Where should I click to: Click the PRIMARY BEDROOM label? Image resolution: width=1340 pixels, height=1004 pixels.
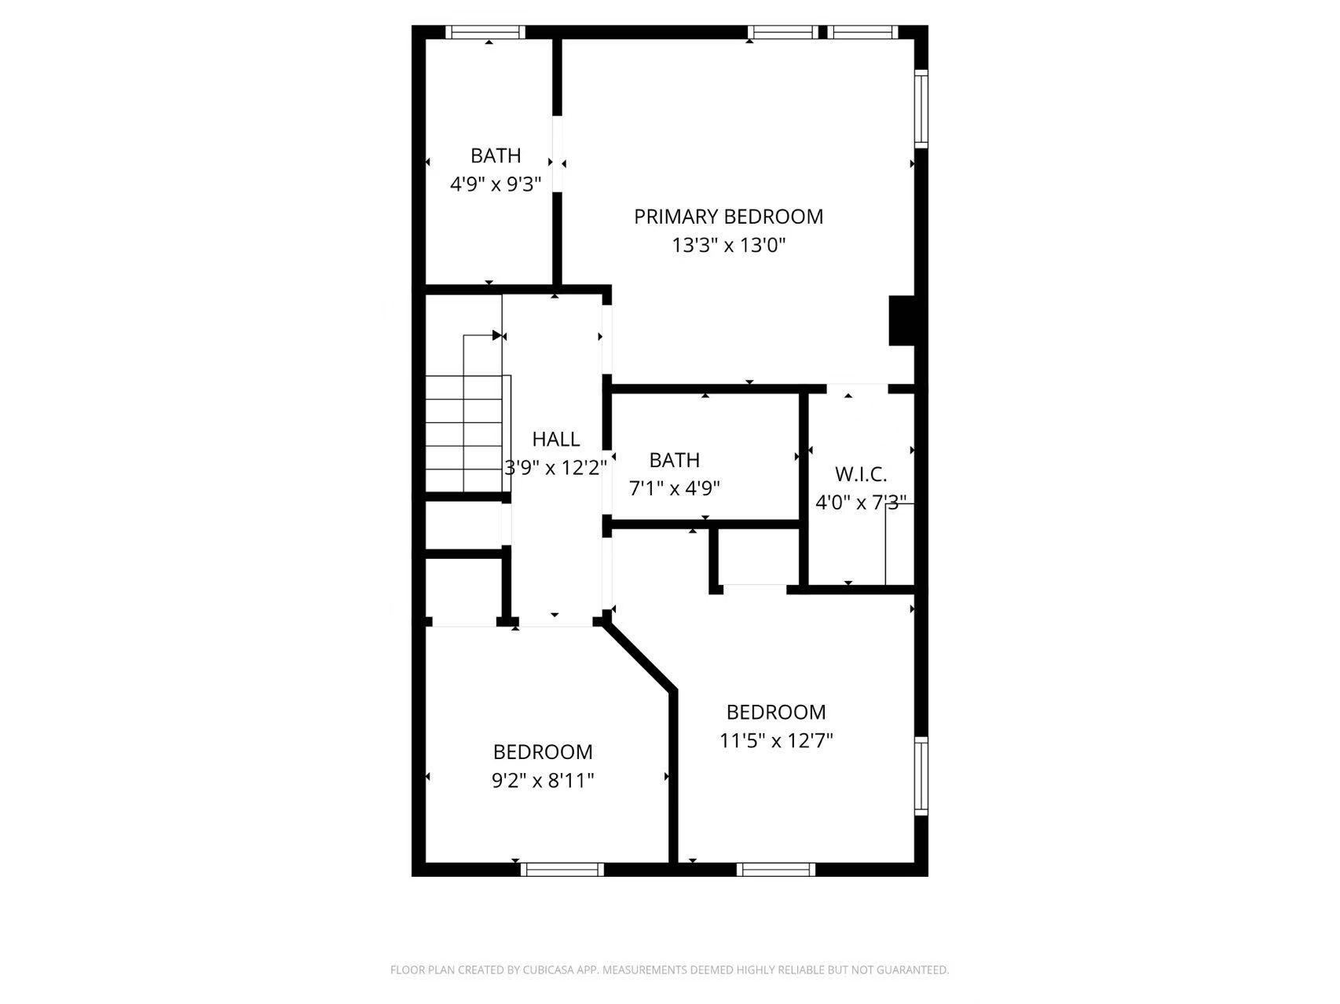pos(728,217)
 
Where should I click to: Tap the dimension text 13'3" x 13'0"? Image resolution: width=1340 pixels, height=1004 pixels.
pos(729,246)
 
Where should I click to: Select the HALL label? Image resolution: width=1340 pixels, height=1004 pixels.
pos(556,439)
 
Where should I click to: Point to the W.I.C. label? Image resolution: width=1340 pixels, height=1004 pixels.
pos(861,474)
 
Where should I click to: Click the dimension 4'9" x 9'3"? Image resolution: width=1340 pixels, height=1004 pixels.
pos(496,184)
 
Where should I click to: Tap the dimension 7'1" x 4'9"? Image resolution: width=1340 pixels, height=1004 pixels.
pos(675,488)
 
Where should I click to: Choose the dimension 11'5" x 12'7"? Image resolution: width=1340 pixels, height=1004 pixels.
pos(776,740)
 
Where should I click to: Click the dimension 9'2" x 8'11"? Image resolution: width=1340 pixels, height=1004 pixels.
pos(543,780)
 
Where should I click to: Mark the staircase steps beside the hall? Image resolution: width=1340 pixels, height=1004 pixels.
pos(464,433)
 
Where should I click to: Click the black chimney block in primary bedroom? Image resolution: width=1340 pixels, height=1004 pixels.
pos(902,320)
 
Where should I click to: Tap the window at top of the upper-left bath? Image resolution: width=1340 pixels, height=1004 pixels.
pos(485,32)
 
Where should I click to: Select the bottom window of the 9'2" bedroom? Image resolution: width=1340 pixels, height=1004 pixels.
pos(562,869)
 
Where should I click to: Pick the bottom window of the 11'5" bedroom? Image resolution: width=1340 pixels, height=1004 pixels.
pos(776,869)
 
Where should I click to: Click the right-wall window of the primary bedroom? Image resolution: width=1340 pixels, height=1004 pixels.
pos(921,108)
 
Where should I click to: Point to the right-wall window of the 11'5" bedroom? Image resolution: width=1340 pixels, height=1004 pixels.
pos(921,776)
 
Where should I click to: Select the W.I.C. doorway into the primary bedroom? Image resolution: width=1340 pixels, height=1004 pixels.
pos(857,388)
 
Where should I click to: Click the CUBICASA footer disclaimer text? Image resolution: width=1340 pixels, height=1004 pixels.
pos(669,969)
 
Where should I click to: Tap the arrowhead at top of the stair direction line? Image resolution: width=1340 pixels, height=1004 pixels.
pos(497,335)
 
